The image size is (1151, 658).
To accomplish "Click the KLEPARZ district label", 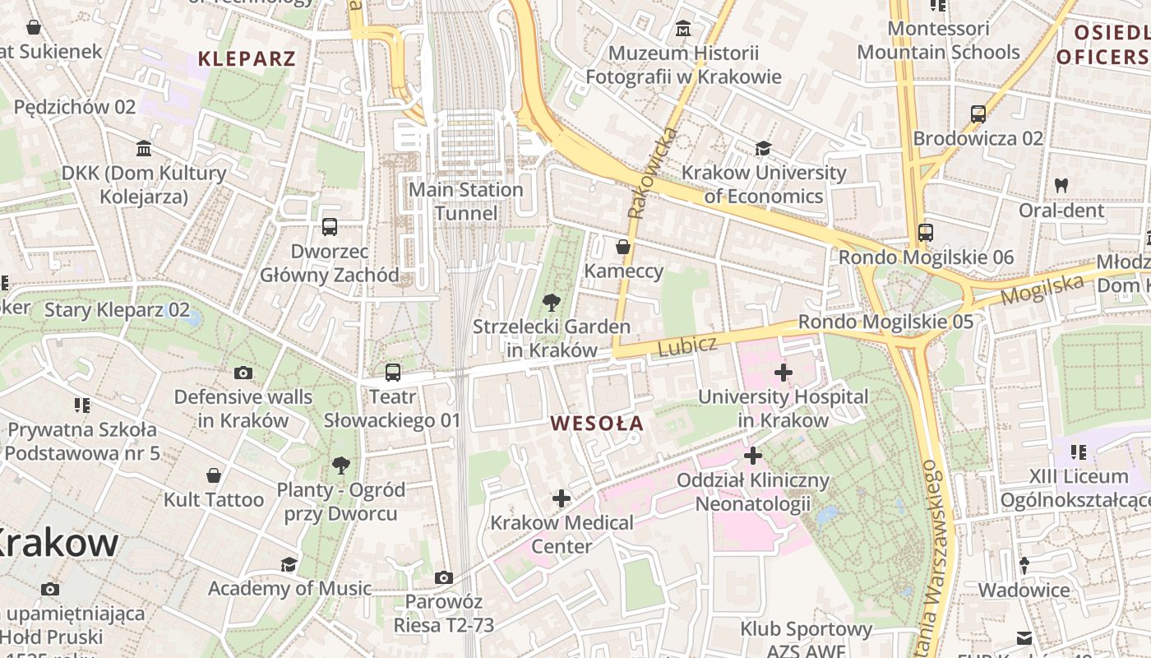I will (x=247, y=58).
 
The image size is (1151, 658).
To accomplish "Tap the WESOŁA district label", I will (x=597, y=424).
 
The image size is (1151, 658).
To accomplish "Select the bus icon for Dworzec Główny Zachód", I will (x=330, y=227).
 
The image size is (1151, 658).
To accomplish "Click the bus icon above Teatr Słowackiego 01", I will (x=393, y=373).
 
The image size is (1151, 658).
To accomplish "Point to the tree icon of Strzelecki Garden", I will (x=552, y=302).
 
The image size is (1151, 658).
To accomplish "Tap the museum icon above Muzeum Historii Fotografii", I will (x=682, y=30).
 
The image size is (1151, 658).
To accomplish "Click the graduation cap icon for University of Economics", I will (x=764, y=149).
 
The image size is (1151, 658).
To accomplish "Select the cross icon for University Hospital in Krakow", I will (x=783, y=373).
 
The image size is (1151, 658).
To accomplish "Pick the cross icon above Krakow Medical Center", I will (x=562, y=498).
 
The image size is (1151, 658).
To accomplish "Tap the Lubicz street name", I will (x=687, y=345).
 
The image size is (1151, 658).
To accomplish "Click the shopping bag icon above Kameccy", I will (x=623, y=247).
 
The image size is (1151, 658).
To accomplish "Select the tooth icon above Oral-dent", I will (x=1061, y=186).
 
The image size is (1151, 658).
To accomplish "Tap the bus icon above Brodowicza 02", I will (x=978, y=114).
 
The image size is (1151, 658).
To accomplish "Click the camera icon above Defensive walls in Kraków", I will (x=243, y=373).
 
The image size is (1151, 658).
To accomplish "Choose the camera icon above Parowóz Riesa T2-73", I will (x=444, y=578).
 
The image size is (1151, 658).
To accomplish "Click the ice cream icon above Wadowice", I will (x=1024, y=566).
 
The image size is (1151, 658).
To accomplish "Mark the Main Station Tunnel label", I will (x=466, y=202).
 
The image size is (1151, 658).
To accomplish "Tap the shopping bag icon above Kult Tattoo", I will (x=214, y=475).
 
